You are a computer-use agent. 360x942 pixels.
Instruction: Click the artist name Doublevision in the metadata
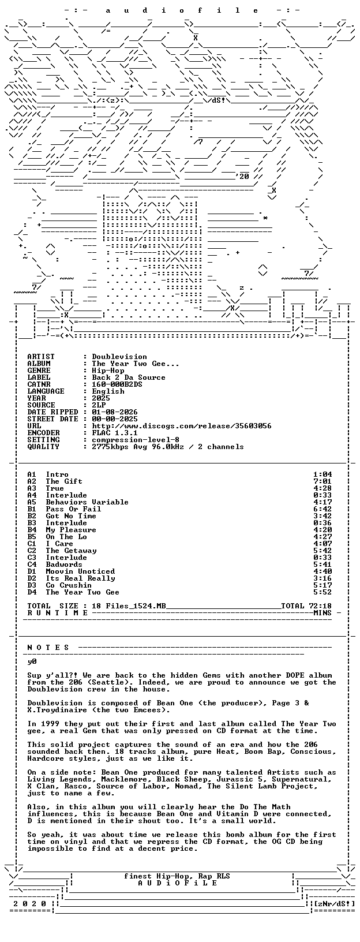(119, 357)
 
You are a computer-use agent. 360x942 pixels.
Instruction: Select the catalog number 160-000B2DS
(117, 384)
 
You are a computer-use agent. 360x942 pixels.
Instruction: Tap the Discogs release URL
(182, 426)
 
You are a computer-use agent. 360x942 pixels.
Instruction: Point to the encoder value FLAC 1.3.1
(115, 433)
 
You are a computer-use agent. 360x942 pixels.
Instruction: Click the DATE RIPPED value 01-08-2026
(115, 412)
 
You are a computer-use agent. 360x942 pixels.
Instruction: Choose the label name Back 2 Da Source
(129, 377)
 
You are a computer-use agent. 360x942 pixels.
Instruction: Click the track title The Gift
(64, 481)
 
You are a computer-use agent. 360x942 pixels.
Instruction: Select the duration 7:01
(322, 481)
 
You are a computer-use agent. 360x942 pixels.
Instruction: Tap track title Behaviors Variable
(87, 502)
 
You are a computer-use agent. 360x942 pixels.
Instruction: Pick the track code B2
(32, 516)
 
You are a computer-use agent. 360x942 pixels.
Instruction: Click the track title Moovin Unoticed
(80, 571)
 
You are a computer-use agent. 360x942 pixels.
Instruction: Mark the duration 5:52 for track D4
(322, 592)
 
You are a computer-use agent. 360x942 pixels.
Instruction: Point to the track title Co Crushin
(69, 585)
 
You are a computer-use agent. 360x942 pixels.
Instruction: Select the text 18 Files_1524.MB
(129, 606)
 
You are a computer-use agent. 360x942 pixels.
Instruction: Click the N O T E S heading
(48, 648)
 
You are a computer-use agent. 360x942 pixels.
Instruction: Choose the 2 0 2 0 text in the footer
(30, 903)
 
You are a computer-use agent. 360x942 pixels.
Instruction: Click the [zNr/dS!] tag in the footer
(334, 903)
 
